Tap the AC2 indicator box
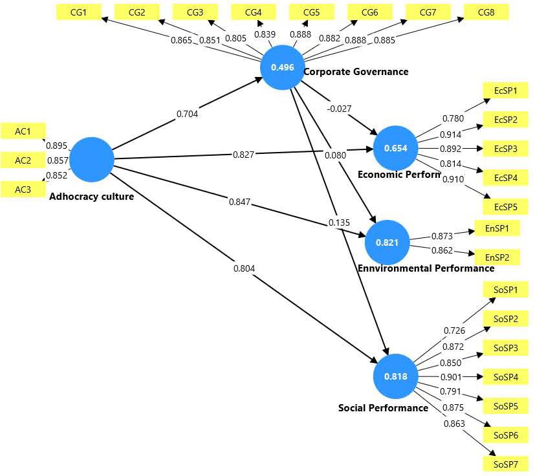tap(23, 160)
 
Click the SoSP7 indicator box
tap(505, 464)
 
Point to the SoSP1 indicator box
tap(505, 289)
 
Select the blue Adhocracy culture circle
tap(91, 160)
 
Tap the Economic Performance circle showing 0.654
tap(395, 149)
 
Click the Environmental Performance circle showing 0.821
tap(388, 243)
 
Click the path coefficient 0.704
tap(187, 114)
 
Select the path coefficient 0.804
tap(244, 267)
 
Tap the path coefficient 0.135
tap(340, 222)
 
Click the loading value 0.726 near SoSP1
tap(454, 331)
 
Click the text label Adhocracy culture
tap(91, 197)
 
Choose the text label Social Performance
tap(383, 408)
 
